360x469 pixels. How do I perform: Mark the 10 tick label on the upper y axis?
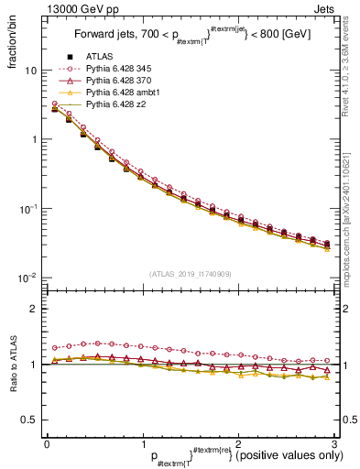[x=30, y=71]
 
